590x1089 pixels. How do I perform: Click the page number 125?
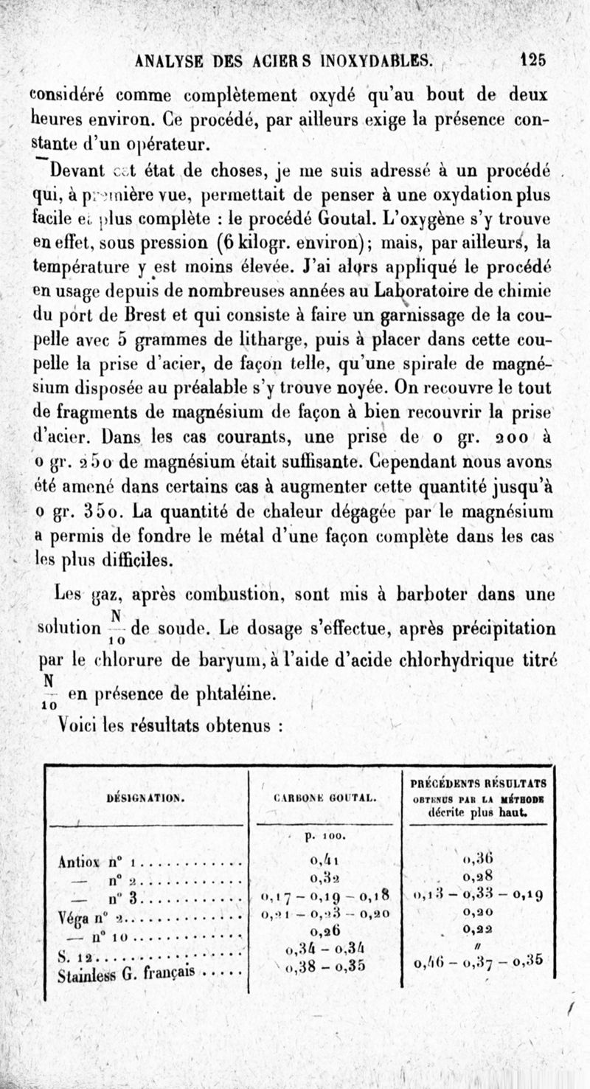[x=532, y=60]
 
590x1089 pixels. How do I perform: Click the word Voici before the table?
[x=81, y=725]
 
